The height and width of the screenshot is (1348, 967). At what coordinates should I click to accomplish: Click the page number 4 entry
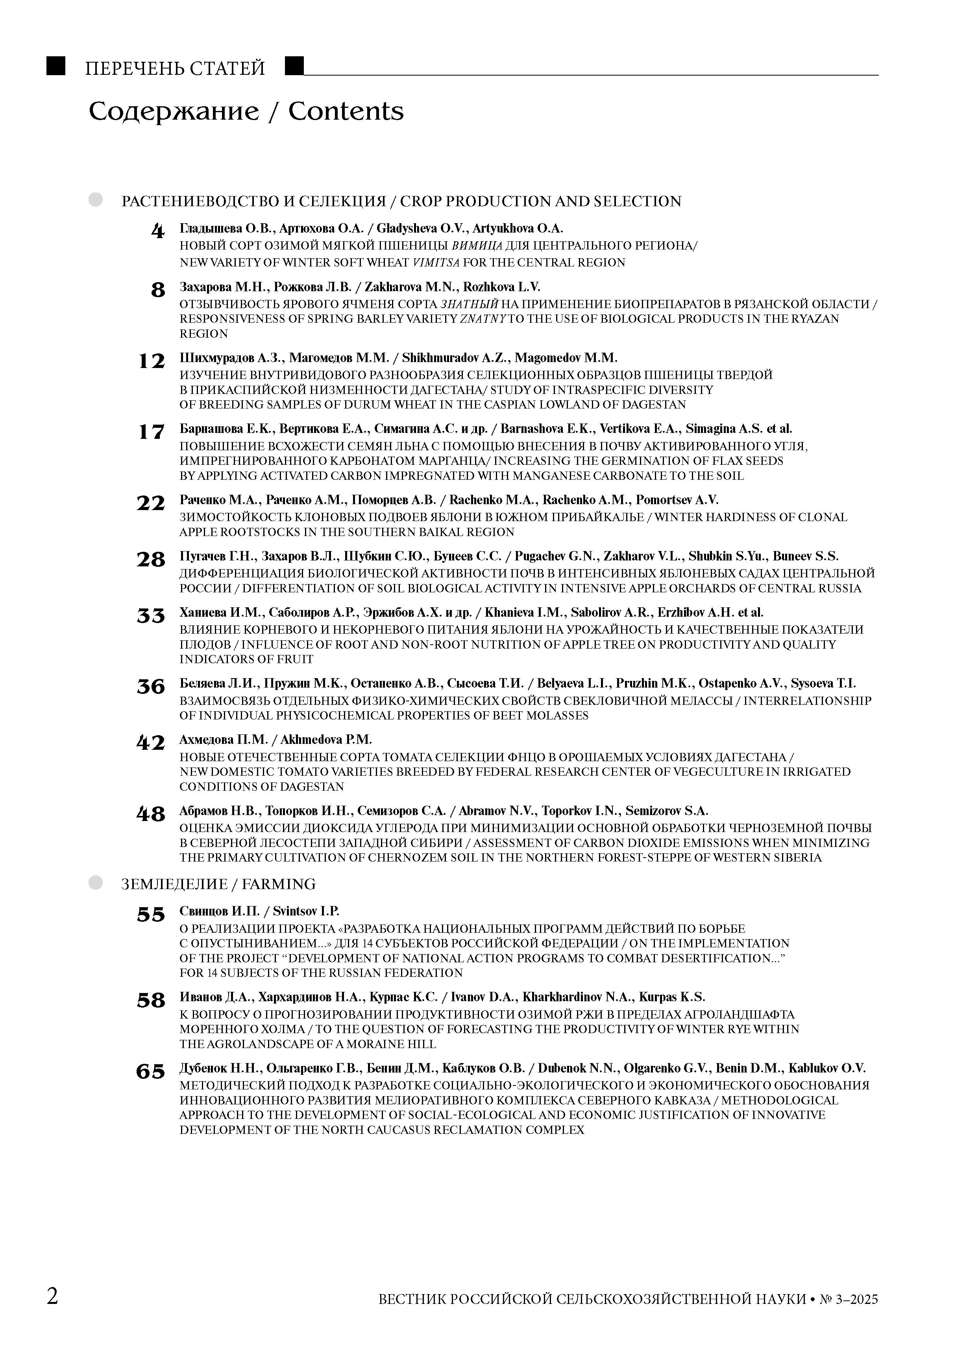tap(157, 231)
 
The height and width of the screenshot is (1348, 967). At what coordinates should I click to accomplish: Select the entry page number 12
tap(151, 361)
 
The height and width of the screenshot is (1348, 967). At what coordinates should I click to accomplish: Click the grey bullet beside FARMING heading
tap(96, 883)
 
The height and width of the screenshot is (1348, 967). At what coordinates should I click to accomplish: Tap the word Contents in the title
tap(346, 111)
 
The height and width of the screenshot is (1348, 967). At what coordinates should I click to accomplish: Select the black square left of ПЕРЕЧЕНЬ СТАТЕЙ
tap(56, 66)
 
